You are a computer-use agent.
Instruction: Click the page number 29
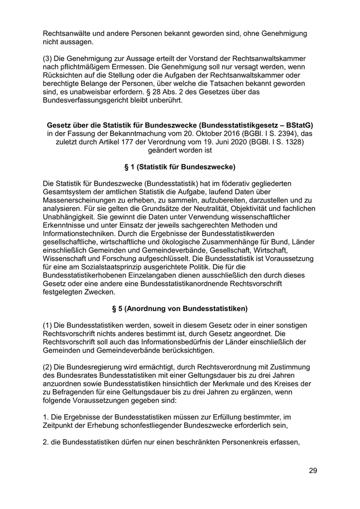313,470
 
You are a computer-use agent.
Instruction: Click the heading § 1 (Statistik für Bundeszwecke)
179,167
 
